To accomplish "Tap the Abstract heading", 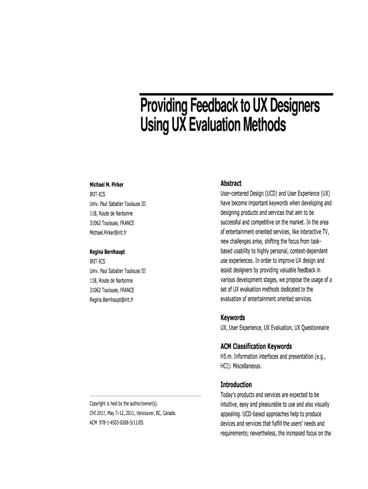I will [231, 183].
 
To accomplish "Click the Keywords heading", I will [233, 318].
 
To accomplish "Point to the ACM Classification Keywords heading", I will [256, 346].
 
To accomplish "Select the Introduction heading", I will [236, 384].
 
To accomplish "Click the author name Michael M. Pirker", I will [107, 185].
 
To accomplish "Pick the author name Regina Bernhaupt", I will [108, 252].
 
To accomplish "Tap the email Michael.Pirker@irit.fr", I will [108, 233].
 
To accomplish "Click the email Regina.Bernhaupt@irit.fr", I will [111, 299].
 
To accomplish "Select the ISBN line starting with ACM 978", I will [117, 423].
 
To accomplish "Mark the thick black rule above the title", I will [236, 94].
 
